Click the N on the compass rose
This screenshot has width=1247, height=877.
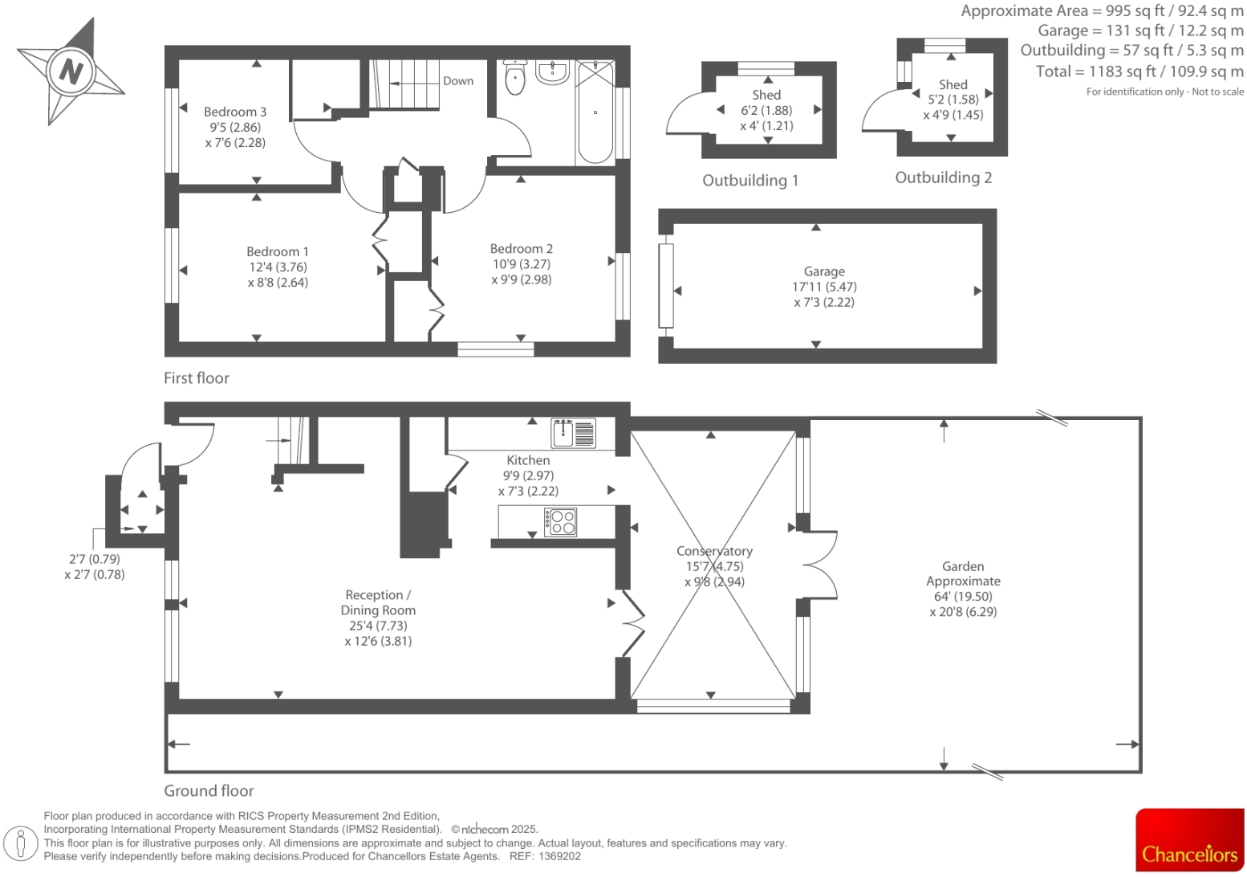tap(71, 71)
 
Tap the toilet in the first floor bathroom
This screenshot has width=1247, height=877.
tap(515, 77)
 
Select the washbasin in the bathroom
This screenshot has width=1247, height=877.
tap(552, 72)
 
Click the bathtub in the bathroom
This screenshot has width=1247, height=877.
tap(595, 112)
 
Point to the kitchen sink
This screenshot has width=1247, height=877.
tap(573, 433)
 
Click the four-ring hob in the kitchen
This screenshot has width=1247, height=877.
tap(560, 522)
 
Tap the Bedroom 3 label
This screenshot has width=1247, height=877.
tap(235, 112)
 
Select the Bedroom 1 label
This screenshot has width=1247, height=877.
tap(278, 251)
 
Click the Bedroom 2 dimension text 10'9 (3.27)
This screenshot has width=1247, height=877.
tap(522, 264)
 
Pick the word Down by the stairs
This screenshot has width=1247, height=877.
tap(458, 81)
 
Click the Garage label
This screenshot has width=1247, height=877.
tap(824, 271)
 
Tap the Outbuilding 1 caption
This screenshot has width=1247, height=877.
tap(750, 181)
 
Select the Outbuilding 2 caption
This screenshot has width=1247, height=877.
tap(944, 177)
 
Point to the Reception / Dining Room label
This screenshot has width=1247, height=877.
tap(378, 602)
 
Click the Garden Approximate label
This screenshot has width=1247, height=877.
tap(963, 573)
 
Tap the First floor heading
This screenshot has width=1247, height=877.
tap(197, 378)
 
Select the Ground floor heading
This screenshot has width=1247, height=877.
tap(209, 791)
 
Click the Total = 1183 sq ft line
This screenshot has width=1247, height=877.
tap(1139, 71)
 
